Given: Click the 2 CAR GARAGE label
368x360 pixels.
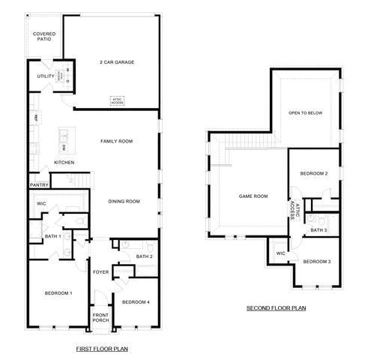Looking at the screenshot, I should tap(116, 62).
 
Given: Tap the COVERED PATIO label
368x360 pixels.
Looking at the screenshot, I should tap(43, 36).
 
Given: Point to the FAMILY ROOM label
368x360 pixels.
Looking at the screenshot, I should tap(116, 141).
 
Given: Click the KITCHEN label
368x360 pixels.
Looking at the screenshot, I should tap(64, 163).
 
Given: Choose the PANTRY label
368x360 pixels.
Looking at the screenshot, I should tap(39, 185).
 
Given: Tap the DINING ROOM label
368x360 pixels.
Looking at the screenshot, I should tap(124, 201).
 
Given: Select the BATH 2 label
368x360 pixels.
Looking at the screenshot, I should tap(145, 256).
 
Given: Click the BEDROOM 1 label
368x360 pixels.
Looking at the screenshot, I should tap(58, 292).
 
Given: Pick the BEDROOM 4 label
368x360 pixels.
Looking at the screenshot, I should tap(136, 301).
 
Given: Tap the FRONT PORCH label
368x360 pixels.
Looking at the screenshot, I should tap(100, 317).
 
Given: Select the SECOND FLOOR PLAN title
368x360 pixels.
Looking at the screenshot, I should tap(275, 308).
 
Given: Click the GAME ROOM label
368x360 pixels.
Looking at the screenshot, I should tap(253, 196).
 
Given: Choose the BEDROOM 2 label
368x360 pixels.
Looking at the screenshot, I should tap(314, 173).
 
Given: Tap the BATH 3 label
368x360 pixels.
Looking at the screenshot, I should tap(319, 230).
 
